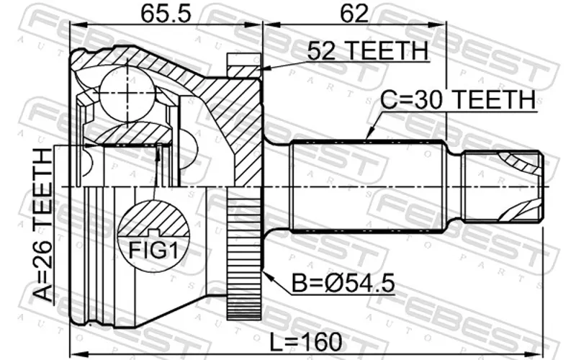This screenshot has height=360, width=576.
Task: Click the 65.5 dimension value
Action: click(166, 14)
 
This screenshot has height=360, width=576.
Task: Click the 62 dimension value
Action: click(354, 14)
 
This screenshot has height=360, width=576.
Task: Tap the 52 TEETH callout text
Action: click(368, 50)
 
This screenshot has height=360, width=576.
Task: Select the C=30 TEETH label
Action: click(458, 99)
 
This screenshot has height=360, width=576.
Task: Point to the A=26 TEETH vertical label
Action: click(43, 225)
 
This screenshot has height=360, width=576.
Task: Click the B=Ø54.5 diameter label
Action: click(343, 283)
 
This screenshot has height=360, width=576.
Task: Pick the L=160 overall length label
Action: click(305, 342)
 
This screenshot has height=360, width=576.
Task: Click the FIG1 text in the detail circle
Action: click(153, 250)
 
